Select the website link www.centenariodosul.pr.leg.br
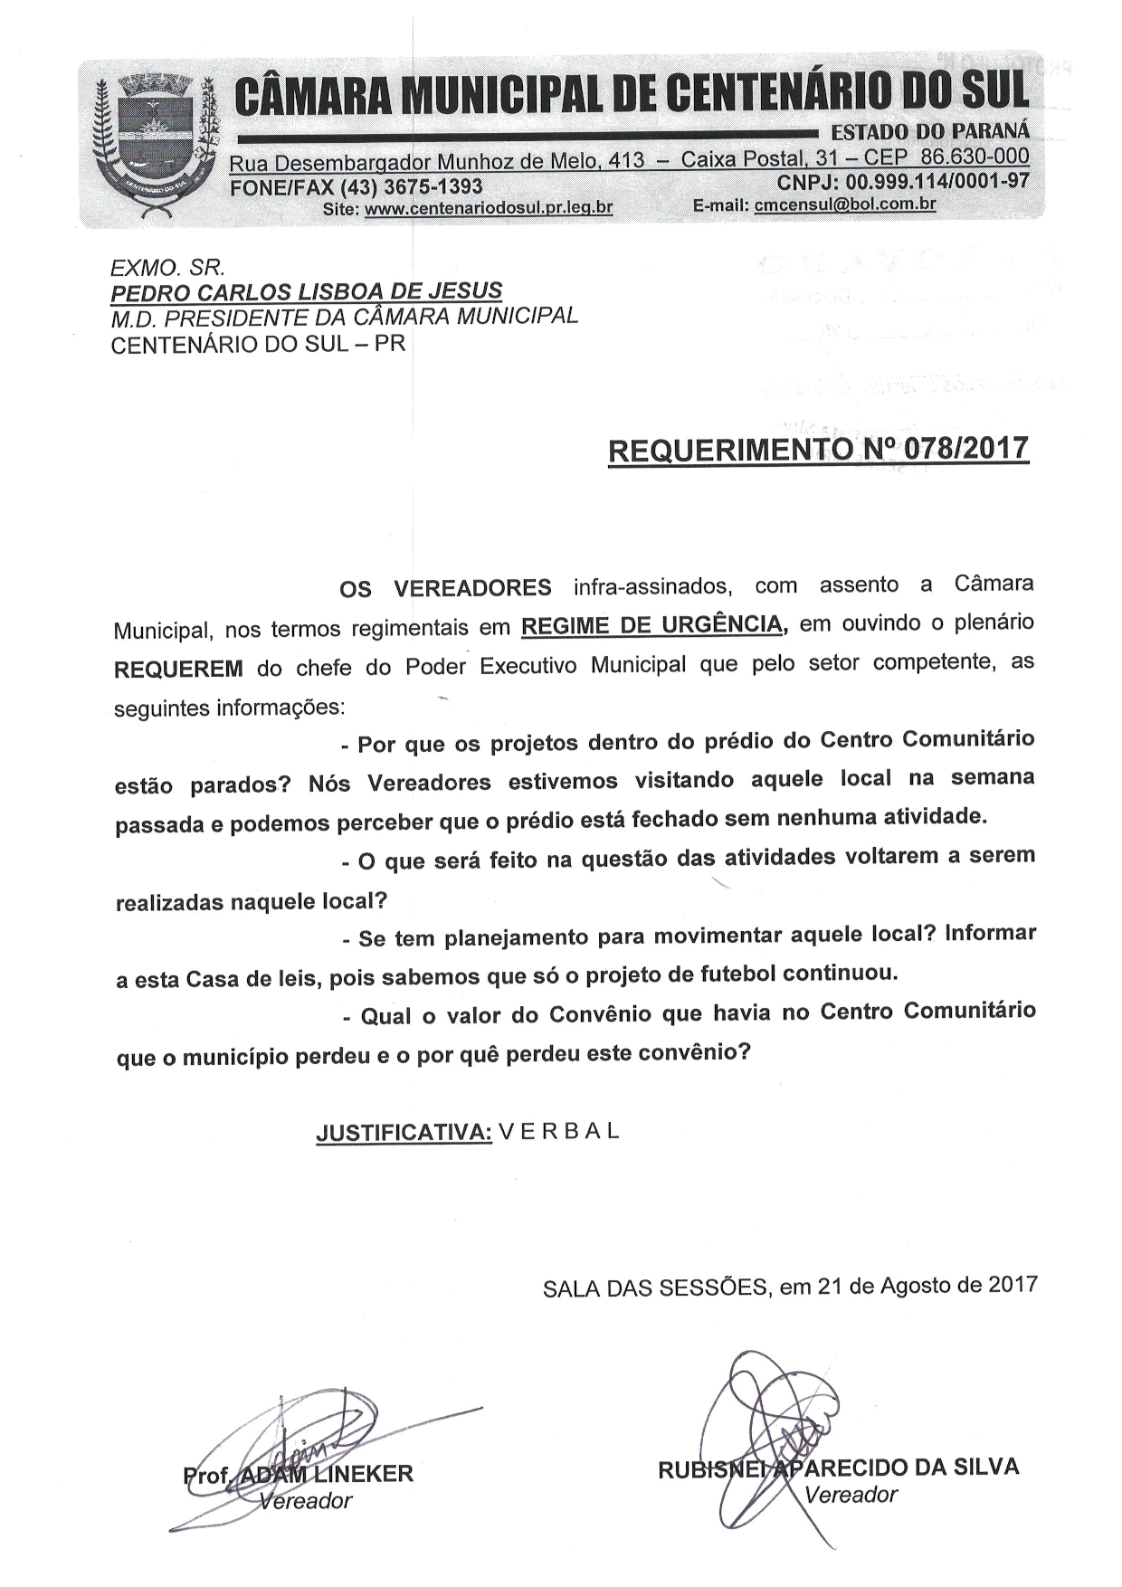pos(488,207)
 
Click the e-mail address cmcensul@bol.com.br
pos(845,204)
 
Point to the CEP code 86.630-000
pos(975,157)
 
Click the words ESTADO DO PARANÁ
pos(930,132)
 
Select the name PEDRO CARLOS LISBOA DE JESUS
pos(306,292)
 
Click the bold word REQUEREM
pos(178,670)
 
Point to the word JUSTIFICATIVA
pos(403,1133)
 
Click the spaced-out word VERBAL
pos(559,1131)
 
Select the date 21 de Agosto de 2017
pos(927,1286)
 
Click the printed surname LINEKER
pos(362,1474)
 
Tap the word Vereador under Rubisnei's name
pos(851,1494)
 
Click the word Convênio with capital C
pos(597,1014)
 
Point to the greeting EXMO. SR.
pos(167,268)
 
